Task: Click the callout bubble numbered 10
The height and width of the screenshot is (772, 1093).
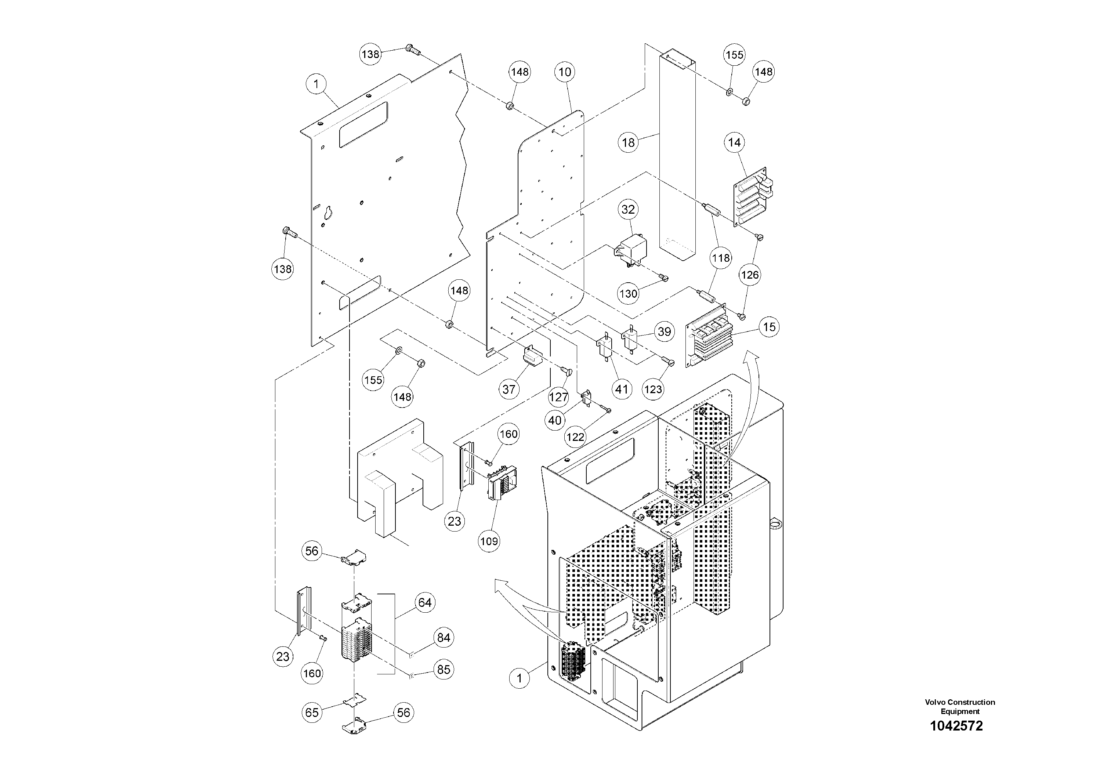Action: click(x=565, y=72)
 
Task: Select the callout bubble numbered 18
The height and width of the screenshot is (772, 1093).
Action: click(x=629, y=142)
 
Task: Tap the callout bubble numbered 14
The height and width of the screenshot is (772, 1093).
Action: click(x=735, y=142)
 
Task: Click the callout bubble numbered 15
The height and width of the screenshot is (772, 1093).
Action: click(x=769, y=327)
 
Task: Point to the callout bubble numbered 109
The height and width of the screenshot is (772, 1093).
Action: click(x=489, y=541)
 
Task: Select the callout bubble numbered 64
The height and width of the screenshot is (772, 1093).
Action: click(x=425, y=602)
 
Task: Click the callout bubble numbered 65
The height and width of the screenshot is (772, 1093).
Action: click(x=312, y=713)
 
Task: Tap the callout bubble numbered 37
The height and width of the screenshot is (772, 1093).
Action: click(x=509, y=389)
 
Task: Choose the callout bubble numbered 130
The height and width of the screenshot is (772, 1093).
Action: click(x=629, y=294)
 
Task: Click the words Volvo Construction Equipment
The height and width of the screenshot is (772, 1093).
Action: click(x=960, y=707)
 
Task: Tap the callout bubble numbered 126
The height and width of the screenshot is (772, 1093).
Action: click(x=750, y=275)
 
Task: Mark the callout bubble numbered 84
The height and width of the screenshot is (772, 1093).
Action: click(x=444, y=637)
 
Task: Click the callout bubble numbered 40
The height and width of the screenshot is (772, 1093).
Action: click(x=555, y=420)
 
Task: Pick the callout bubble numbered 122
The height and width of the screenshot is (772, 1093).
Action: click(x=575, y=436)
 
